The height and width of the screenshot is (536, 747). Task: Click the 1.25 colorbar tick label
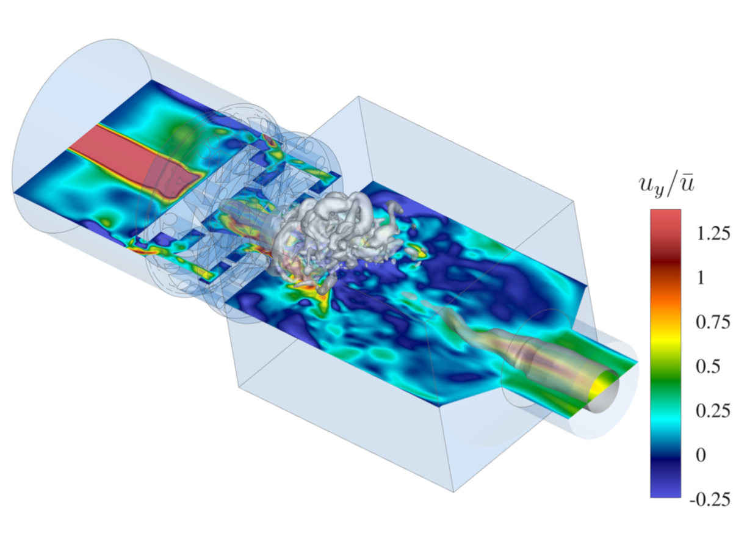713,233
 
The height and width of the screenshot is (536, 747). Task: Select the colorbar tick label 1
701,278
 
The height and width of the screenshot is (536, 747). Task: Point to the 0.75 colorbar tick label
713,322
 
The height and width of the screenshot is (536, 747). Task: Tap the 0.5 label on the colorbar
708,366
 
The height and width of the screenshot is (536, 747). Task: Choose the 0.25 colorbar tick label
713,411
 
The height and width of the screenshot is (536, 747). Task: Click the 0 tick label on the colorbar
701,455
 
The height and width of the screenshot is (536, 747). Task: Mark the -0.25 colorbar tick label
710,499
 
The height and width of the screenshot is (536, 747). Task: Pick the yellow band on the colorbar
665,340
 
